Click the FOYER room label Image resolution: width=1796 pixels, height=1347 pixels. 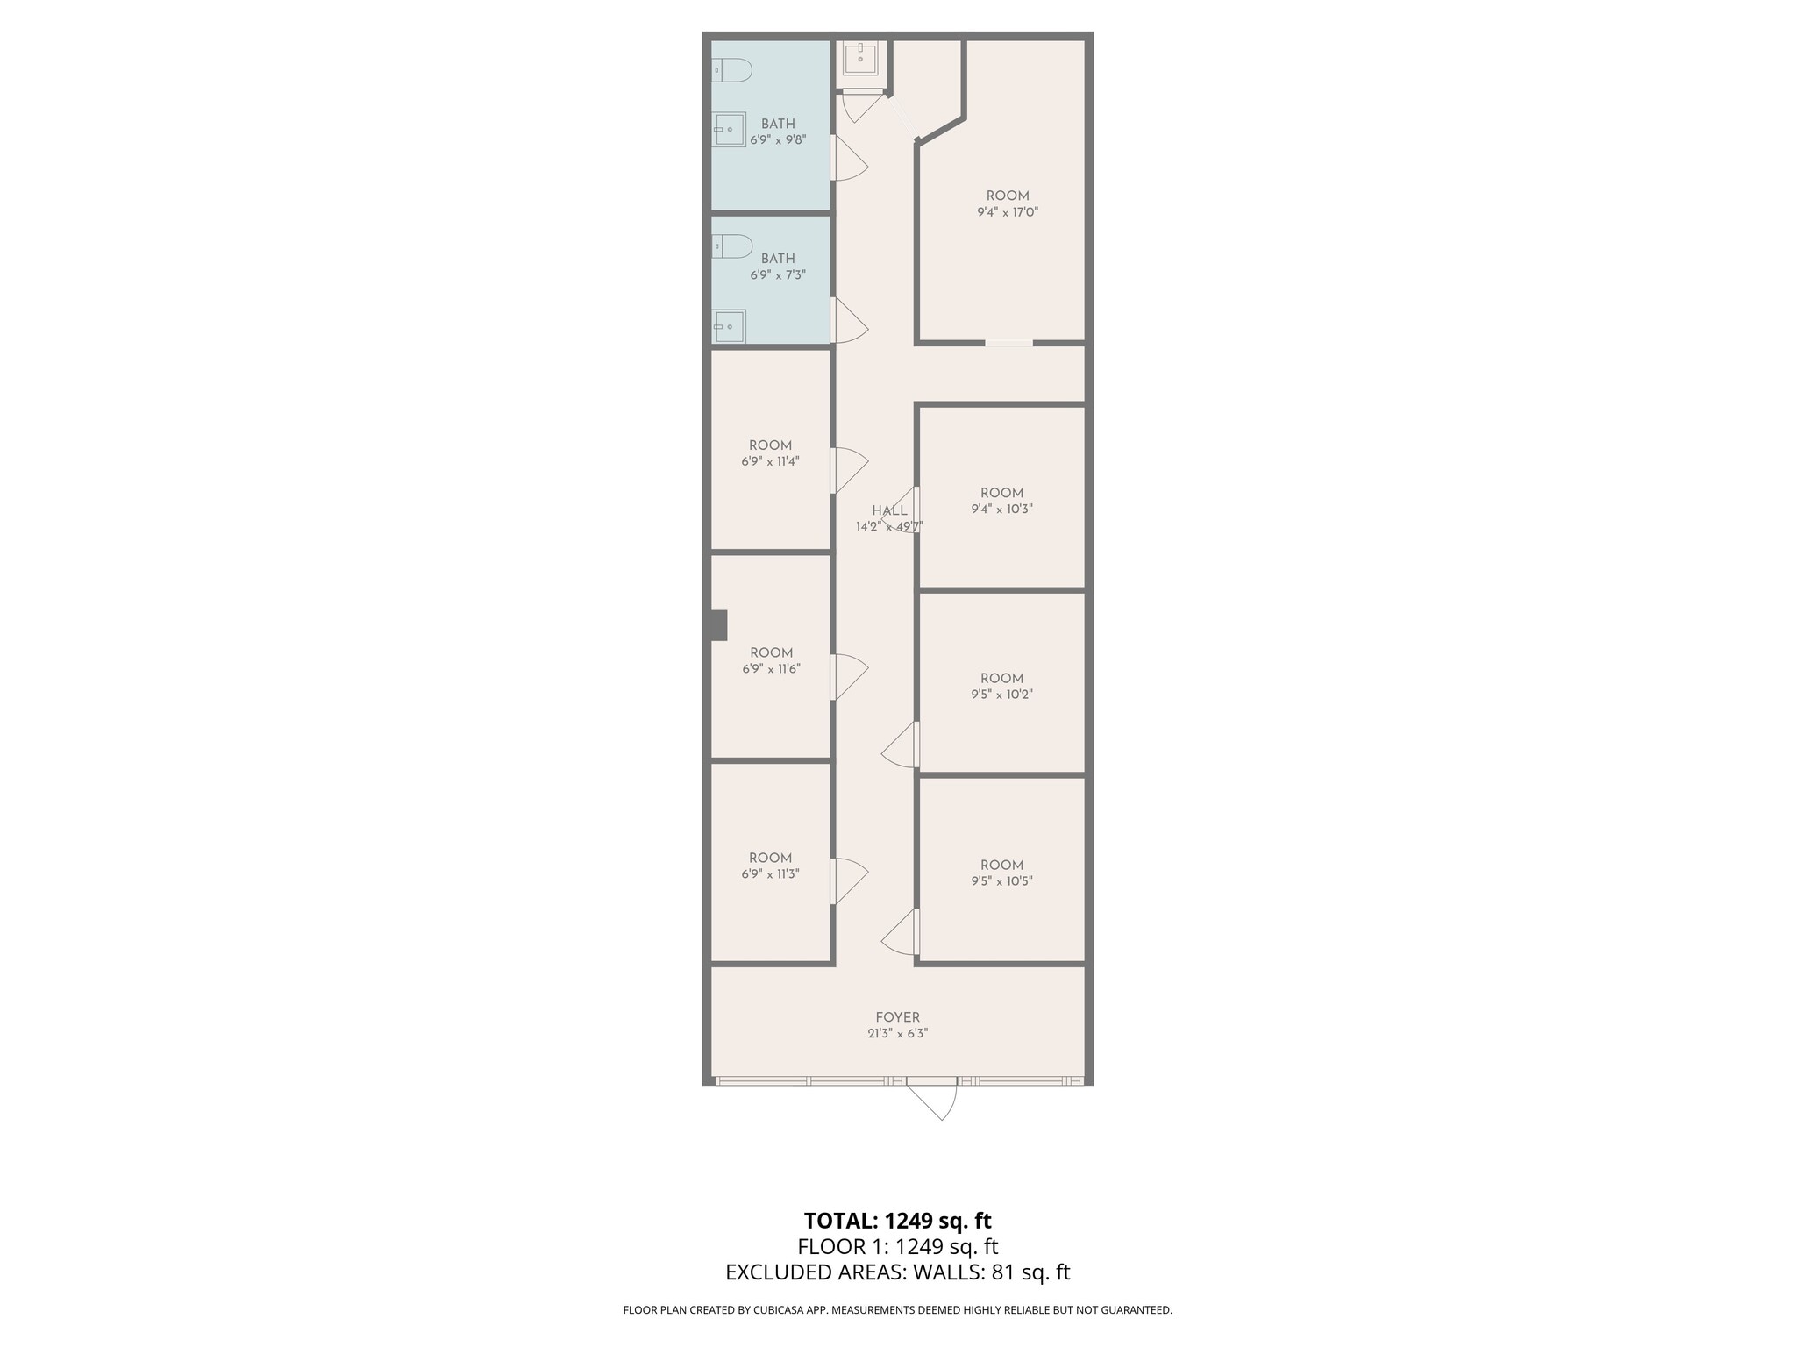click(x=897, y=1017)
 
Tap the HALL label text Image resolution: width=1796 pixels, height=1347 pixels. click(x=889, y=510)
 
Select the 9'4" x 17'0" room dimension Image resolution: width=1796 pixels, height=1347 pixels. click(x=1008, y=212)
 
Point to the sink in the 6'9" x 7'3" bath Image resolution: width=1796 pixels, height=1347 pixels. click(x=728, y=326)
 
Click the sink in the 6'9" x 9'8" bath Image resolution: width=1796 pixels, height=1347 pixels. click(x=729, y=130)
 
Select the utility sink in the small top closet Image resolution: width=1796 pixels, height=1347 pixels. click(x=860, y=59)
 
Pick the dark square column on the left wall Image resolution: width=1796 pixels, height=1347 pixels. click(x=718, y=625)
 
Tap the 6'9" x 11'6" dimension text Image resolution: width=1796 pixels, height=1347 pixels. click(x=771, y=669)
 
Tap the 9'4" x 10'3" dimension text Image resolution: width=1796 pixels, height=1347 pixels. click(x=1001, y=509)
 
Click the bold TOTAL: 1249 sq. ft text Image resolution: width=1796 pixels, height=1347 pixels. click(x=897, y=1221)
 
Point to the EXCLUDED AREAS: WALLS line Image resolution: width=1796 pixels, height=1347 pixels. click(x=897, y=1272)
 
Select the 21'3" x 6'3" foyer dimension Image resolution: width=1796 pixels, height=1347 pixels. click(x=897, y=1034)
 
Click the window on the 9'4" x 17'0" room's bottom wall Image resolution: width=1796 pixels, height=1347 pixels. click(x=1008, y=343)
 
